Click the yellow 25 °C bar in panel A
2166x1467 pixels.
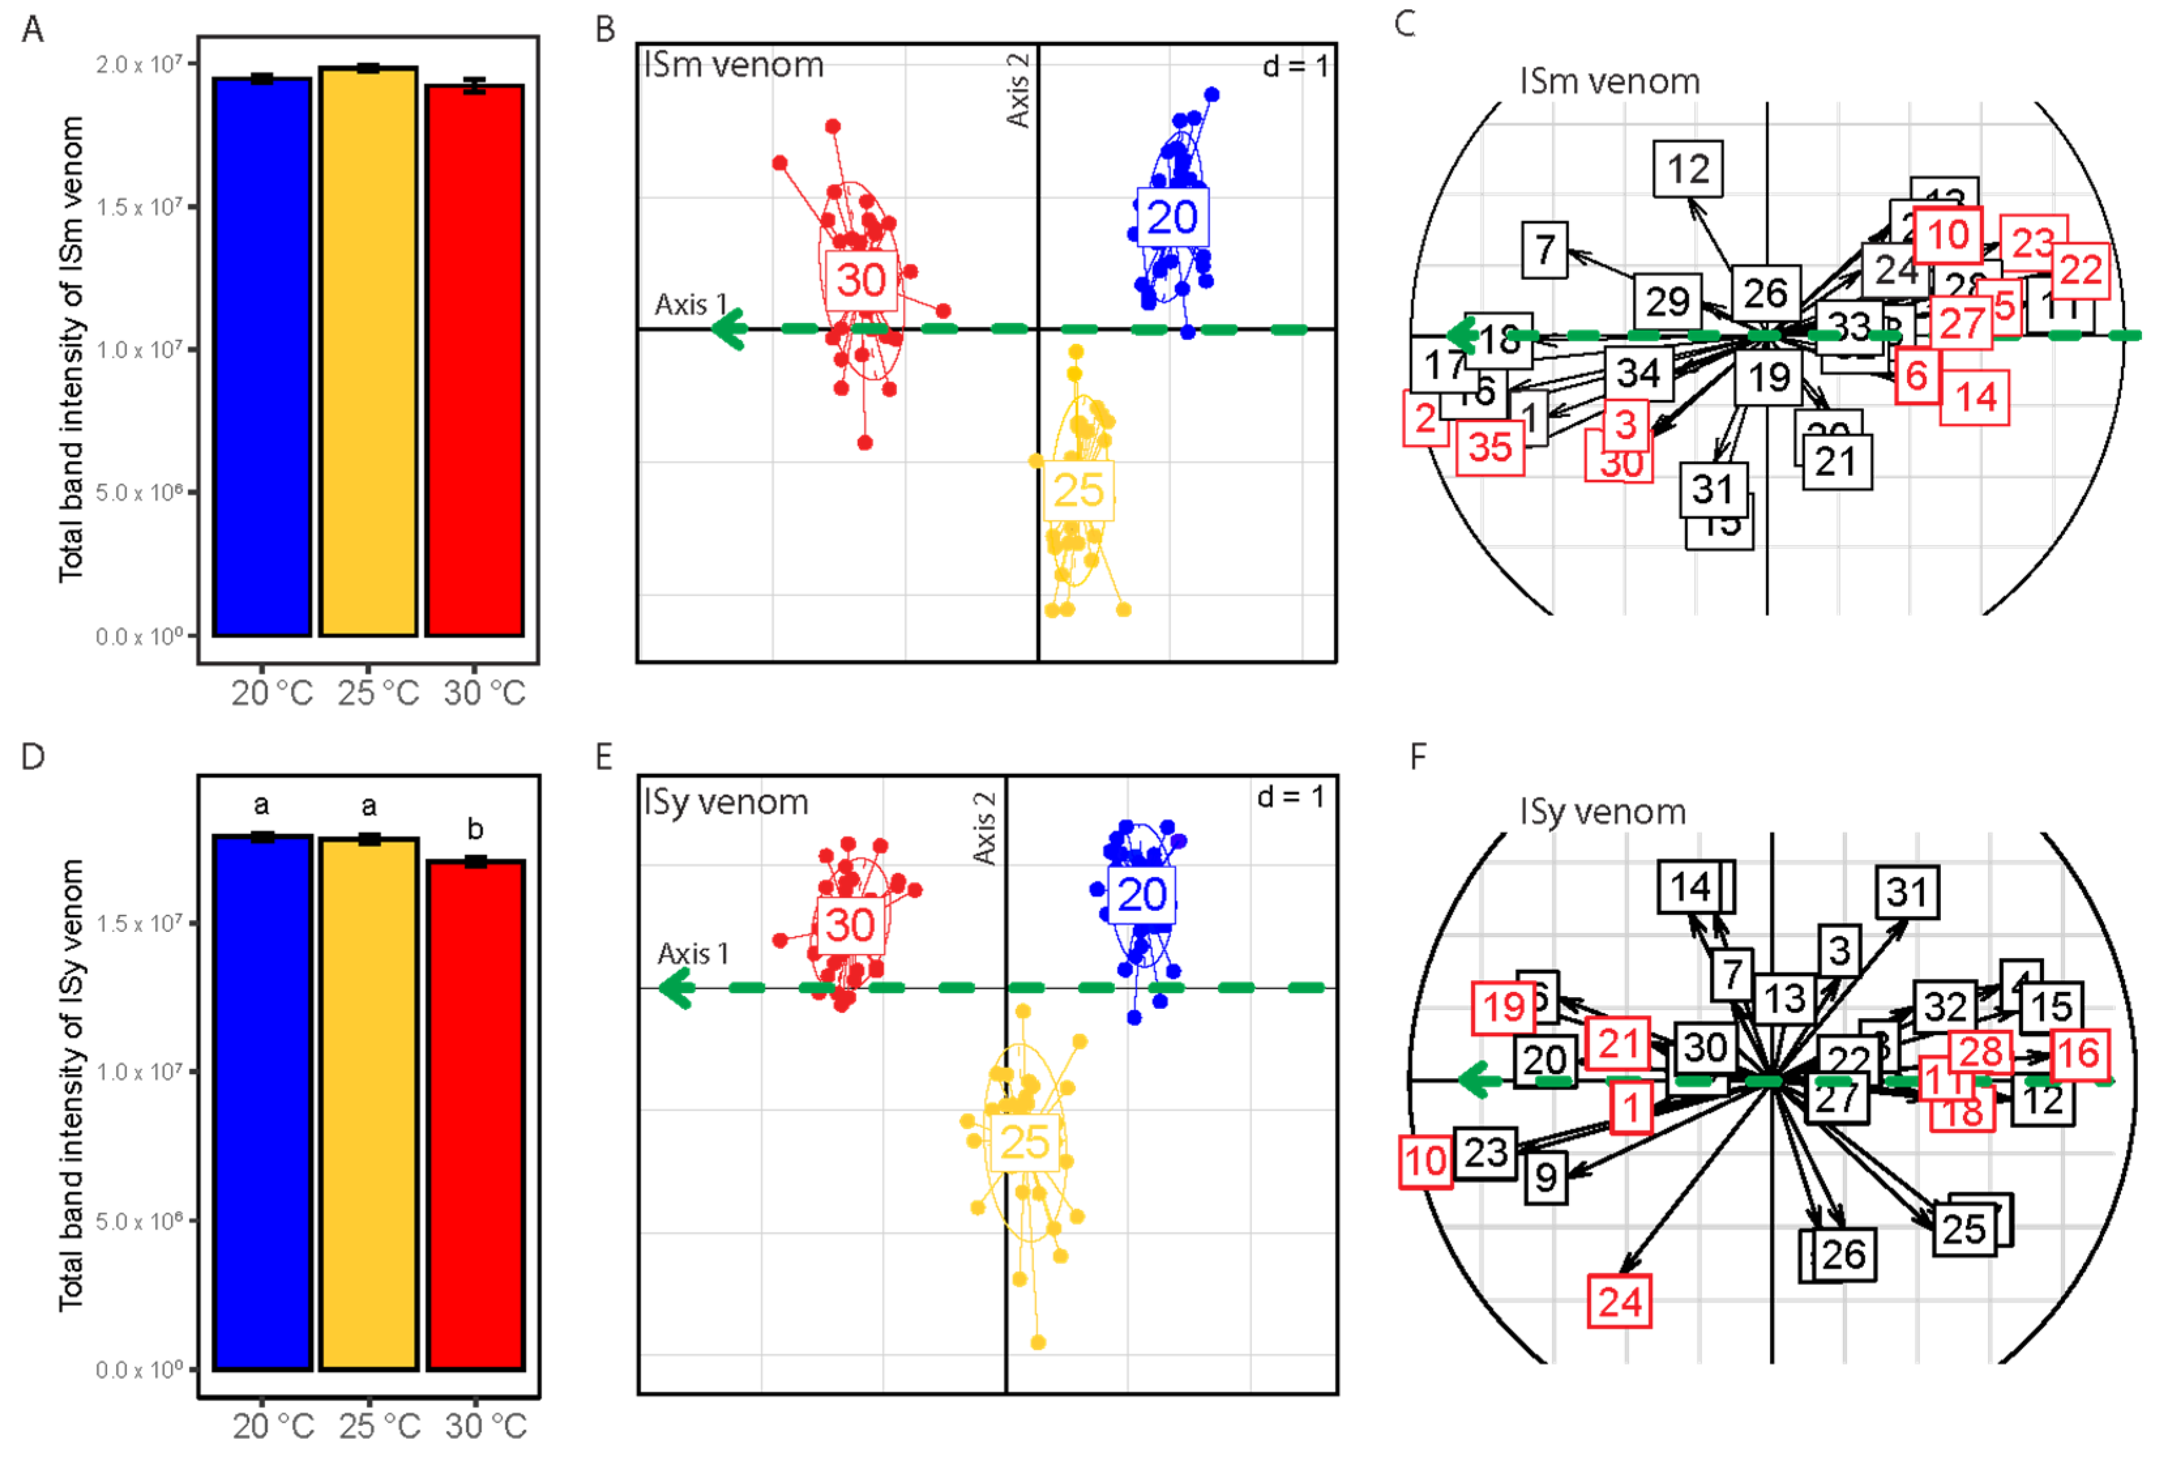tap(368, 354)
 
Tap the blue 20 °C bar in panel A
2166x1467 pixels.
tap(262, 359)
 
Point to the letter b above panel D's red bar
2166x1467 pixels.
tap(476, 829)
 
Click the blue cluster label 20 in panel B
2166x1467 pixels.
tap(1172, 217)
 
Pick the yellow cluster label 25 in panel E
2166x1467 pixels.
tap(1024, 1142)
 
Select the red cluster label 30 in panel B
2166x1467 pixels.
tap(861, 279)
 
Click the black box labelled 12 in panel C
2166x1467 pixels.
tap(1688, 169)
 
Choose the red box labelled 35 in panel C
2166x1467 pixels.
tap(1489, 448)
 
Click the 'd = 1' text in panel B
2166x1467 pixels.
tap(1294, 66)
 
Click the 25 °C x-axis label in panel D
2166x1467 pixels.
tap(379, 1426)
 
